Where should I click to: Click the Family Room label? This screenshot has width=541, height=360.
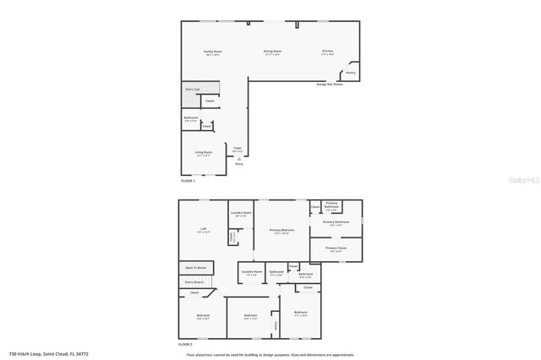pos(212,53)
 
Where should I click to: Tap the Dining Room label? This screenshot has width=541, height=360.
pos(272,53)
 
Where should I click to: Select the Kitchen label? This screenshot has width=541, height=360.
pos(327,53)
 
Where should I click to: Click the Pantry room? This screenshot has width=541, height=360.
pos(351,74)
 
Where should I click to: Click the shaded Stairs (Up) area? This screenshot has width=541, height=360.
pos(192,89)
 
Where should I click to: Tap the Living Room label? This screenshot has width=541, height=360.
pos(204,154)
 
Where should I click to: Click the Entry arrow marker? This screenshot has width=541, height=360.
pos(239,159)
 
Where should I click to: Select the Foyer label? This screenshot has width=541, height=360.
pos(238,149)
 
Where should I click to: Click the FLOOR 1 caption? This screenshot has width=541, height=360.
pos(188,181)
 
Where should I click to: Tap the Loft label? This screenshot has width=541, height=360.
pos(203,230)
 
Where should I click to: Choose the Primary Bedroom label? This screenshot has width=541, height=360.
pos(281,231)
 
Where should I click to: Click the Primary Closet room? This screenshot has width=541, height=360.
pos(336,249)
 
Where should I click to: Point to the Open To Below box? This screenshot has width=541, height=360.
pos(196,268)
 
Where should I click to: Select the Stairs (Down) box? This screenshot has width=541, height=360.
pos(196,281)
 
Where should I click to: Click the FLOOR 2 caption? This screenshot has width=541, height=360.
pos(186,345)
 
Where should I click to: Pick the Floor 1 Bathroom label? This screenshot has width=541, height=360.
pos(191,119)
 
